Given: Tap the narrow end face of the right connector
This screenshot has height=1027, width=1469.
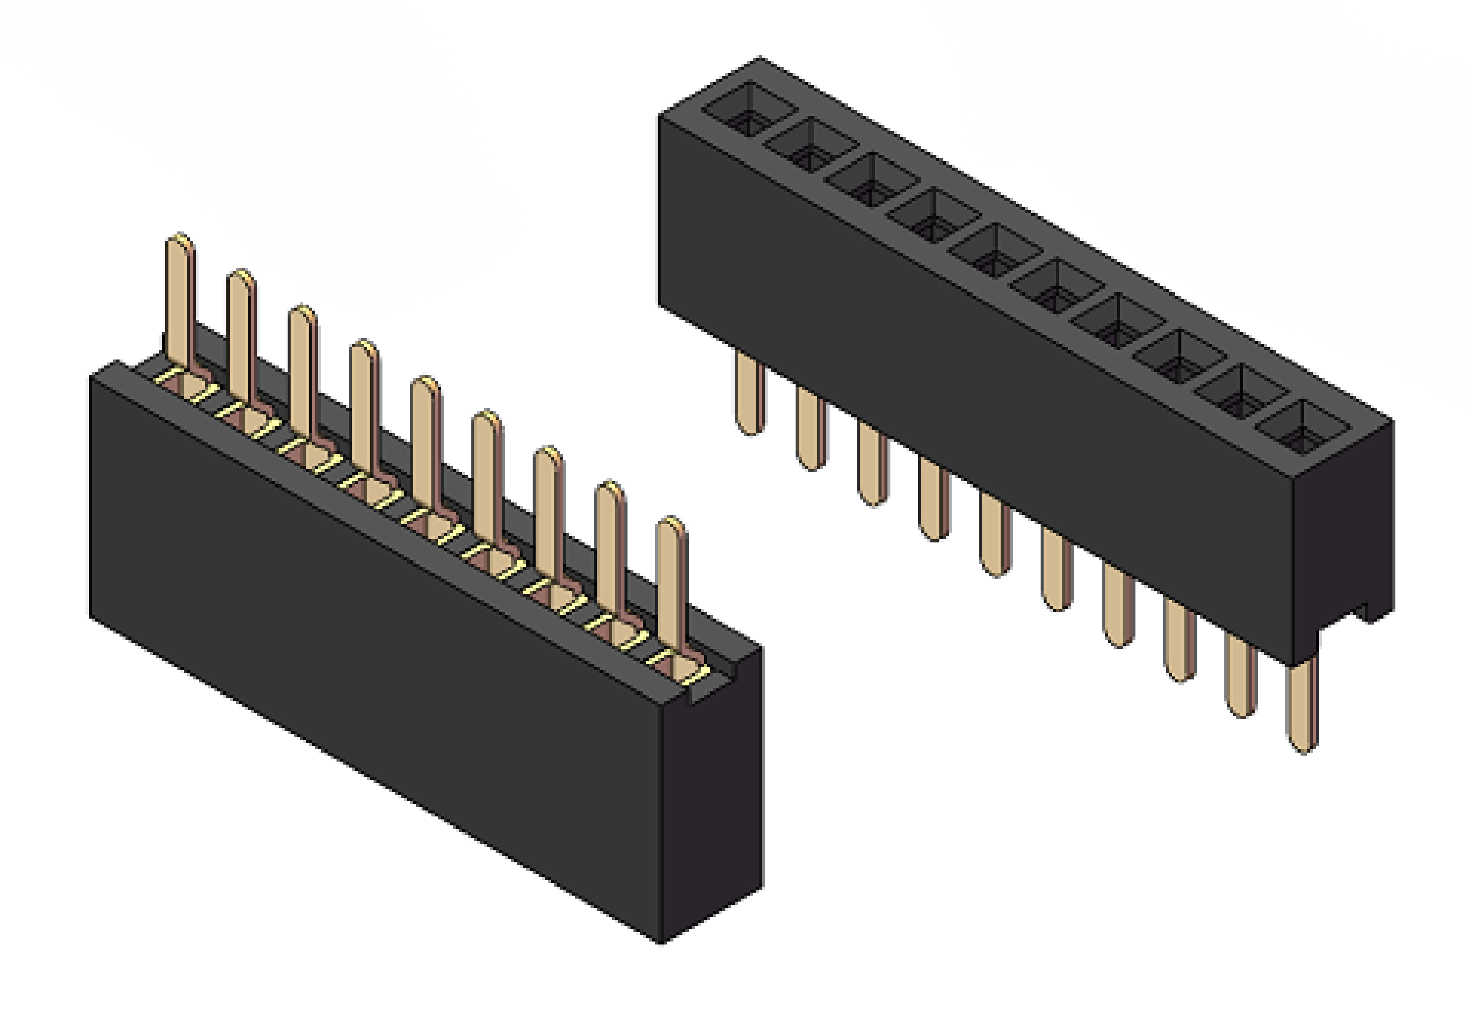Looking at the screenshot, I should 1344,544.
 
